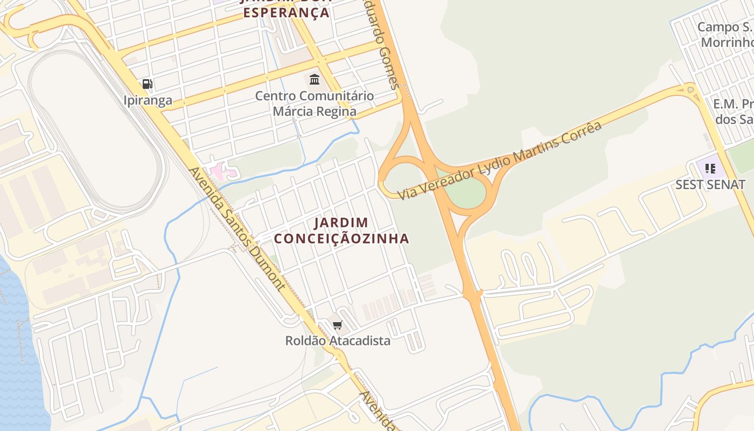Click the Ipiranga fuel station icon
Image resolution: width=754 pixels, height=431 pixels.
[x=147, y=84]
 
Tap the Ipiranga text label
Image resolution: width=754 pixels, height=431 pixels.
[x=148, y=100]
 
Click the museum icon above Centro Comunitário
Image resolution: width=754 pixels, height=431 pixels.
[x=315, y=80]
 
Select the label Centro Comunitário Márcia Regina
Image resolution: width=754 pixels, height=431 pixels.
[x=315, y=103]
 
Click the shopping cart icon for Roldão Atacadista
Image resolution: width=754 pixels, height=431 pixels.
[x=338, y=325]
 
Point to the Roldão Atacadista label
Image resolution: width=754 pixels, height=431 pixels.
[x=338, y=340]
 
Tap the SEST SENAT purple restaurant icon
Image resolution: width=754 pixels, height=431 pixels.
[x=710, y=169]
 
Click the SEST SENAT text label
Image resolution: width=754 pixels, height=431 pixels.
[x=710, y=185]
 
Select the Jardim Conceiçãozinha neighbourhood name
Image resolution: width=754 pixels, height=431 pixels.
[x=341, y=230]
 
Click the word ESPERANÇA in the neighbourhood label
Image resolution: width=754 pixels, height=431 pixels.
[x=286, y=12]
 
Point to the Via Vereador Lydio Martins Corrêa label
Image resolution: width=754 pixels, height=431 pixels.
[x=499, y=161]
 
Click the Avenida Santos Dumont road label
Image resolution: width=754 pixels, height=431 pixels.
[x=236, y=229]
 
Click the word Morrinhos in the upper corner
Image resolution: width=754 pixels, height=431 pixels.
[x=727, y=42]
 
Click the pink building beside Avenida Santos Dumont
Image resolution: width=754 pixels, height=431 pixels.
[x=222, y=172]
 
